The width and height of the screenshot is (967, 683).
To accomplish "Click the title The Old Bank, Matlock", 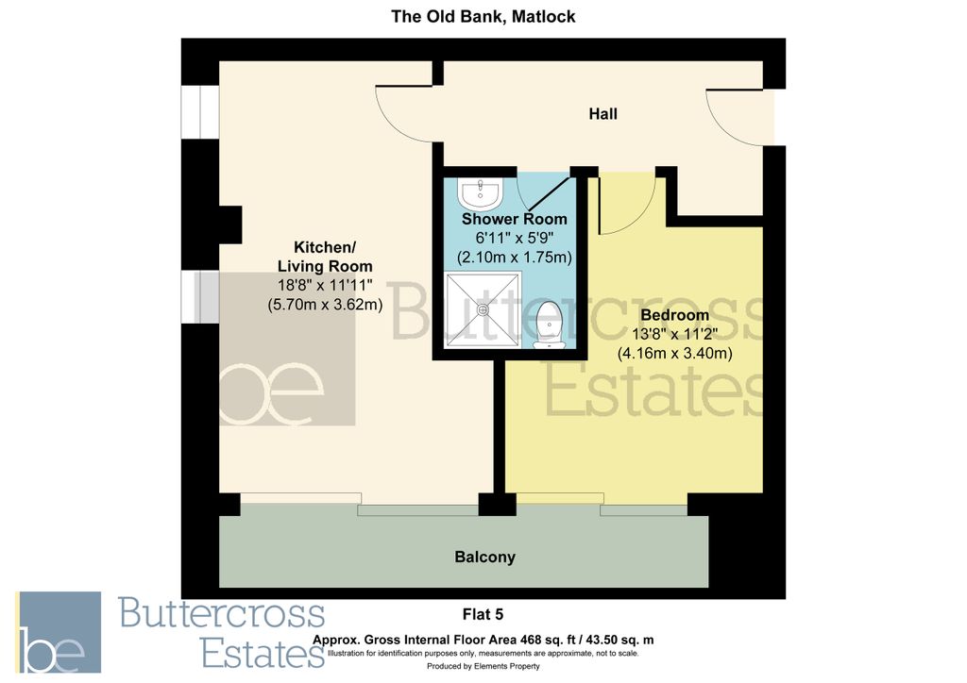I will [483, 16].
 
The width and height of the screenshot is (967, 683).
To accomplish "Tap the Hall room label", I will [602, 114].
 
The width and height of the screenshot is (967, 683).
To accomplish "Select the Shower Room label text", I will [514, 219].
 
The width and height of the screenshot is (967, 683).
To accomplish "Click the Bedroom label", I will [674, 314].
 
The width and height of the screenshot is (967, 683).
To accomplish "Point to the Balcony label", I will [485, 557].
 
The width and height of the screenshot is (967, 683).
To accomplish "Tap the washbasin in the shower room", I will [481, 195].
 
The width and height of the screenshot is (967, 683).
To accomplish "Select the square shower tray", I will [483, 308].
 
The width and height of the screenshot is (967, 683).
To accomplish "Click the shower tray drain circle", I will [483, 308].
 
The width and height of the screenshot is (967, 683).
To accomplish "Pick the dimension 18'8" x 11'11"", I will [324, 285].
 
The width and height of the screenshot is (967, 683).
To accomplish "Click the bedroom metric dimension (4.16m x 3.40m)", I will [674, 354].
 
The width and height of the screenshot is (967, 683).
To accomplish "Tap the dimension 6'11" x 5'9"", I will [514, 238].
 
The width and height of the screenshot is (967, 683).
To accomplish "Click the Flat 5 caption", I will [483, 615].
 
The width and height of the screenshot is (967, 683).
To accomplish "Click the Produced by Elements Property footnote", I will [483, 666].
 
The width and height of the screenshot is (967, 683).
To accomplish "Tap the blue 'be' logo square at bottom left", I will [58, 632].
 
